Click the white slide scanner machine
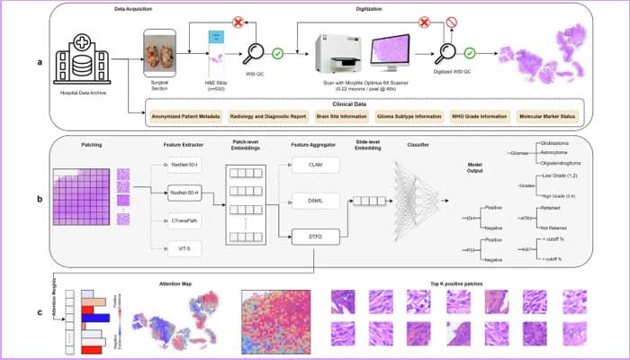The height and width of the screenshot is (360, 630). pyautogui.click(x=333, y=52)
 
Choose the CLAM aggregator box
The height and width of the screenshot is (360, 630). pyautogui.click(x=313, y=164)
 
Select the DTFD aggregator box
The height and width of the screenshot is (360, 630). pyautogui.click(x=313, y=236)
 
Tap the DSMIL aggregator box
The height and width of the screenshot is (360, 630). pyautogui.click(x=313, y=201)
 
